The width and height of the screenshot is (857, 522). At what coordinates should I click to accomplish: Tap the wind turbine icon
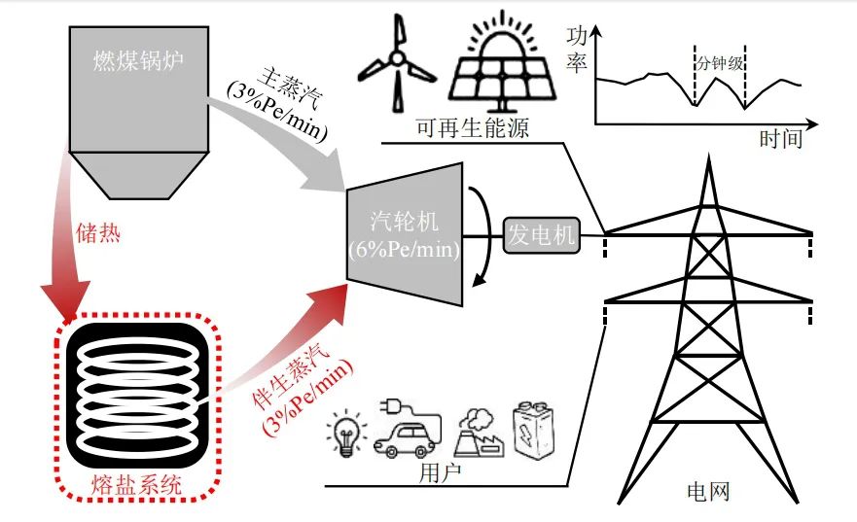point(397,66)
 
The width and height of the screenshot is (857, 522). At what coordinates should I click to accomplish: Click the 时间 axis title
point(781,139)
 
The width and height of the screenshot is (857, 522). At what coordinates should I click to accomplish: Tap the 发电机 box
point(541,235)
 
